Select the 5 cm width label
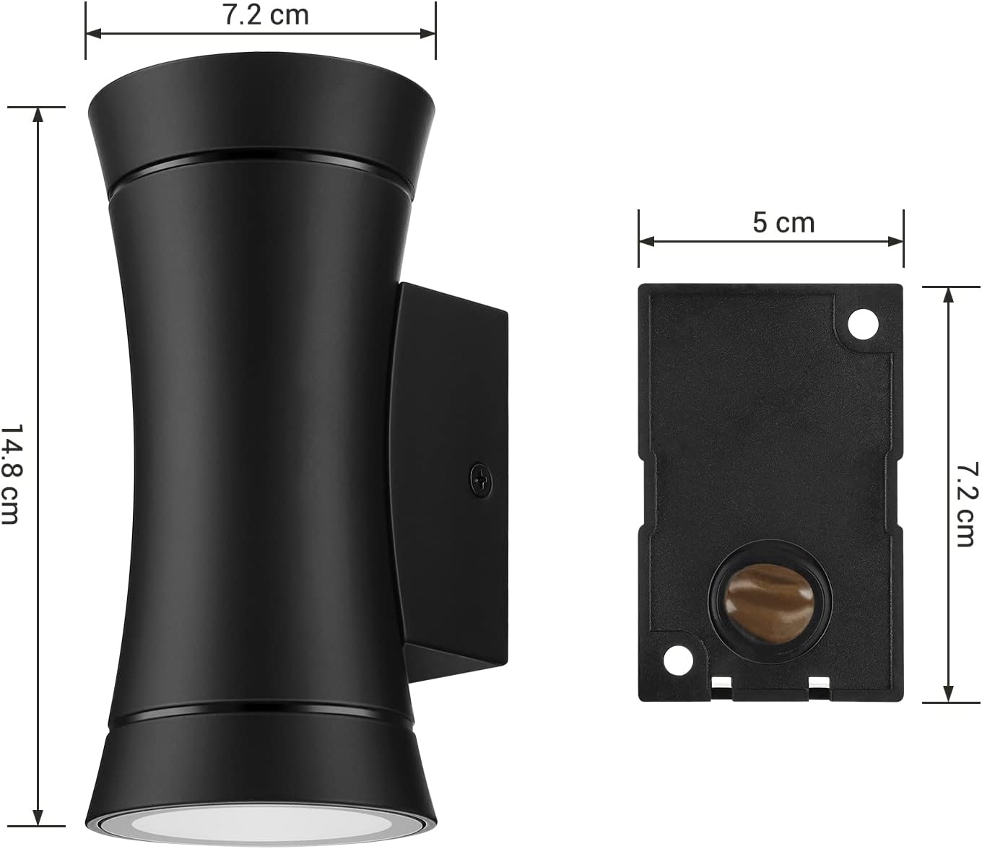click(x=783, y=223)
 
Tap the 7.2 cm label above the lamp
click(x=266, y=14)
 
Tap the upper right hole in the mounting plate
click(x=863, y=324)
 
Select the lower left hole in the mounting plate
click(x=677, y=658)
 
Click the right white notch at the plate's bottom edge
click(x=818, y=682)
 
